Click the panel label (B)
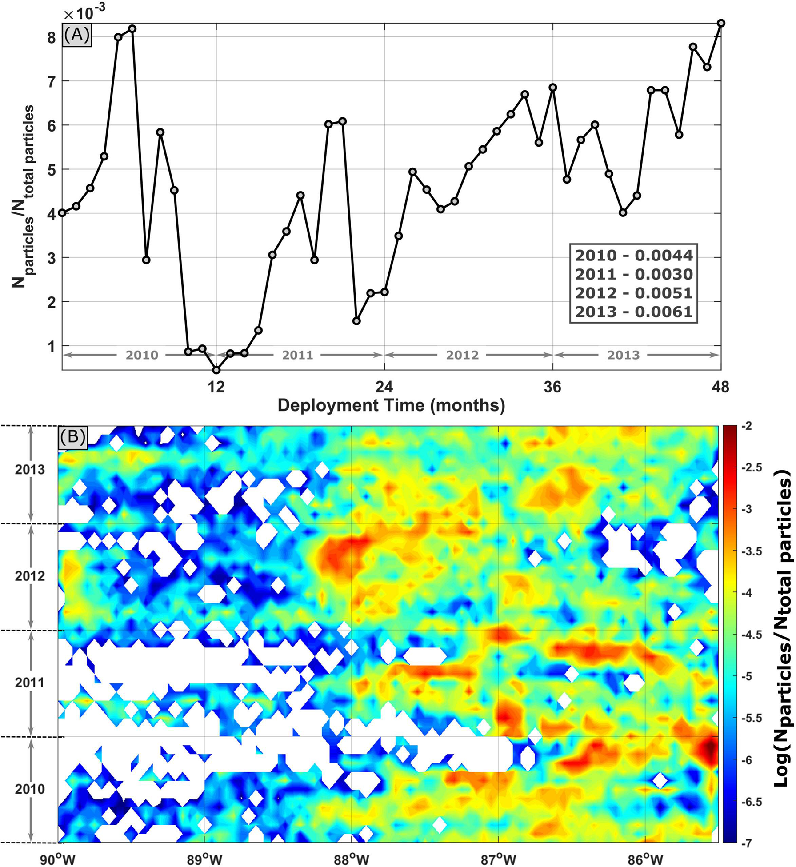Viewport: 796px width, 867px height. click(72, 437)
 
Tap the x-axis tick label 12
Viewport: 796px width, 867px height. click(216, 388)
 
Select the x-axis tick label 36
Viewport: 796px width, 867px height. click(552, 388)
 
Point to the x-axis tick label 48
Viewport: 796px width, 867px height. click(720, 388)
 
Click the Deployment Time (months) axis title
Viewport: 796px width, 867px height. click(391, 405)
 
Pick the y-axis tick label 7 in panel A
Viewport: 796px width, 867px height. click(52, 81)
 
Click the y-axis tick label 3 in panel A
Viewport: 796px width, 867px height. click(52, 258)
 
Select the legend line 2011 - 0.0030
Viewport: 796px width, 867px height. click(634, 274)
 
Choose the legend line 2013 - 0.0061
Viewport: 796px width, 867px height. click(634, 312)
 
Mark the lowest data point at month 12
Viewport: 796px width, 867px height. click(216, 370)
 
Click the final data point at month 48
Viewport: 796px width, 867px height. click(721, 23)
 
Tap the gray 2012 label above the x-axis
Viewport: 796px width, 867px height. click(462, 355)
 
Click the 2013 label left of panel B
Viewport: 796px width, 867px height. click(30, 470)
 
